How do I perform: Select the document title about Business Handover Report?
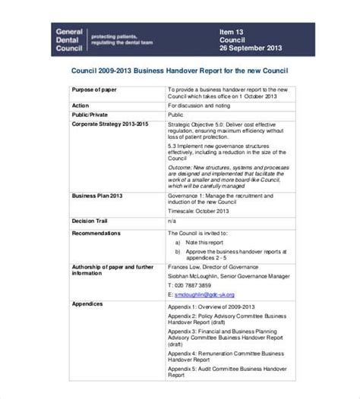[179, 72]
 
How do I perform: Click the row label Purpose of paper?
[97, 90]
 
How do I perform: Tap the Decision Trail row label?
[93, 221]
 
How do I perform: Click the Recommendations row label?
[97, 234]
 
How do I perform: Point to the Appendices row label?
[88, 282]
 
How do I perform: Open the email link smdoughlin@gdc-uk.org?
[205, 294]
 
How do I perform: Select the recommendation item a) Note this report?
[201, 242]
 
